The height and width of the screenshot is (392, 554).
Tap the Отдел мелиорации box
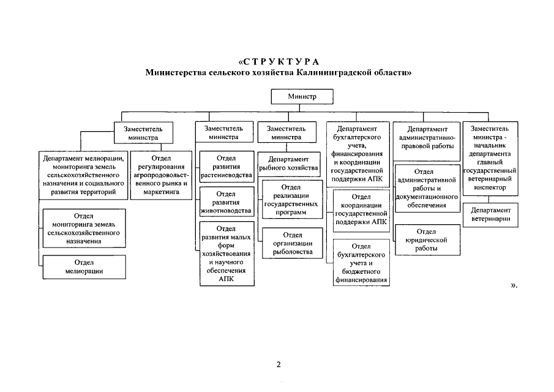[83, 267]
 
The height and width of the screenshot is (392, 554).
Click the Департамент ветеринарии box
[490, 214]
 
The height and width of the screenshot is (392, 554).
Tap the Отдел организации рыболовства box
[293, 243]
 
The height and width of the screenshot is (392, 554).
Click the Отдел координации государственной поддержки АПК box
[362, 209]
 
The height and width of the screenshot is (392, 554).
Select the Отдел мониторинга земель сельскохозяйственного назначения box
[83, 228]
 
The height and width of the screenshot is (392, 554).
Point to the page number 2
[278, 365]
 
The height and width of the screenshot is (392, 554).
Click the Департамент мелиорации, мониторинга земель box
[83, 175]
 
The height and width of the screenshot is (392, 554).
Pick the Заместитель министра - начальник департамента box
[490, 158]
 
